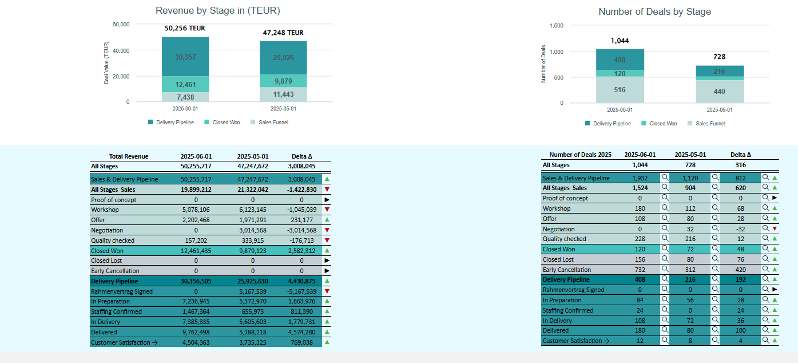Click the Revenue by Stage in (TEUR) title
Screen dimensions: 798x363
coord(218,11)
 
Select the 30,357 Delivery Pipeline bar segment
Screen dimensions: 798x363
coord(185,57)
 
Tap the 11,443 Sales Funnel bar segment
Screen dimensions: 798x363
coord(283,94)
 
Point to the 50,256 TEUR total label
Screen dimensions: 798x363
coord(185,28)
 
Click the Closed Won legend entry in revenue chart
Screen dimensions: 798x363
coord(223,123)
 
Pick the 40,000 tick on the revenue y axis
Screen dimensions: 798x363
coord(121,50)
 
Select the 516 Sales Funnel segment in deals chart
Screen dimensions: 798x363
coord(620,90)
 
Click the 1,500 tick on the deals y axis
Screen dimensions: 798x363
coord(557,26)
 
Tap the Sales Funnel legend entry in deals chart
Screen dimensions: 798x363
coord(706,123)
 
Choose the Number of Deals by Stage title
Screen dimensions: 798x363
coord(654,12)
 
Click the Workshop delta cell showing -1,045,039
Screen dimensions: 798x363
coord(301,210)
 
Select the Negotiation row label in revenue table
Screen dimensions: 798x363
coord(107,230)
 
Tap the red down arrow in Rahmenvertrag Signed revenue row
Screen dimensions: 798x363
coord(327,291)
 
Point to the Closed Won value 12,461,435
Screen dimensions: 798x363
coord(196,251)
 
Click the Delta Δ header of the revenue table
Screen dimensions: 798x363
coord(301,156)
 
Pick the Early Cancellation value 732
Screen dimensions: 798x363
coord(640,270)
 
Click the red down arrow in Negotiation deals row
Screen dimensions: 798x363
coord(775,228)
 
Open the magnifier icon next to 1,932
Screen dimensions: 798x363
coord(665,177)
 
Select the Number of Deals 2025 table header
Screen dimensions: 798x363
coord(580,155)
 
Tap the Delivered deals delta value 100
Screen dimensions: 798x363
coord(741,330)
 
